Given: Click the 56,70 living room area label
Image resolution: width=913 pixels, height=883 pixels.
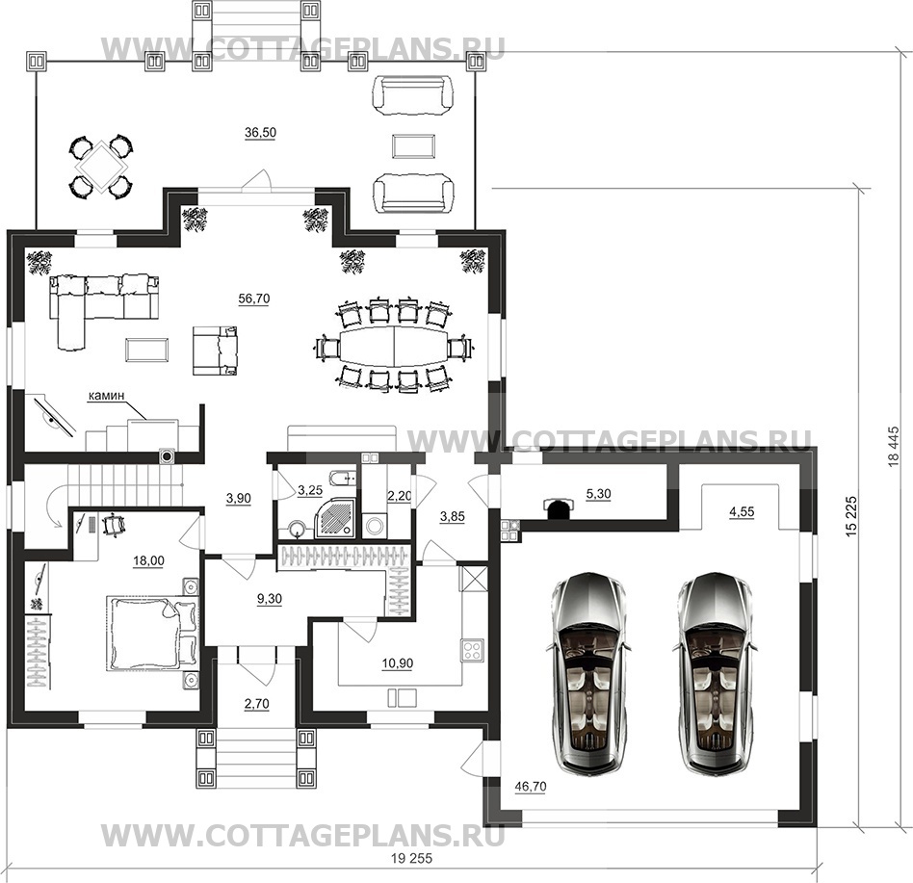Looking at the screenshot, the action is tap(254, 299).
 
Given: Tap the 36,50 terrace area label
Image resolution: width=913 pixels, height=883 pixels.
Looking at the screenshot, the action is tap(260, 133).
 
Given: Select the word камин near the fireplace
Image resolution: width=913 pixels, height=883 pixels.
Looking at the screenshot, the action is tap(106, 396).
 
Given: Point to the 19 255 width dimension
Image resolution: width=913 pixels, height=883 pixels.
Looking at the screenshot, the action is tap(411, 858).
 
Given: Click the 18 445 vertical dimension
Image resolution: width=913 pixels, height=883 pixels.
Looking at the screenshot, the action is tap(895, 447).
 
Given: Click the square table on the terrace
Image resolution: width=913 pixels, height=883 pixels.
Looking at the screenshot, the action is tap(101, 164).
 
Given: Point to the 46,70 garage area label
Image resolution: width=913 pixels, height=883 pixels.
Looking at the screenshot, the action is tap(531, 787).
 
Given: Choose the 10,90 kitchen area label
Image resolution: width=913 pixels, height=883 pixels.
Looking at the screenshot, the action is tap(398, 663).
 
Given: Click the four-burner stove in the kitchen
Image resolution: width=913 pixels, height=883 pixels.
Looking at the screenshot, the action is tap(472, 650).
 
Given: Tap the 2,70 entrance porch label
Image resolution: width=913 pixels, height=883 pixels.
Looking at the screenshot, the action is tap(257, 704).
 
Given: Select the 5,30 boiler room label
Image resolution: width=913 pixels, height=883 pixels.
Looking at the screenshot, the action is tap(599, 494).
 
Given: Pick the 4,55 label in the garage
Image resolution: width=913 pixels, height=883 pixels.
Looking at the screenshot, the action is tap(742, 511).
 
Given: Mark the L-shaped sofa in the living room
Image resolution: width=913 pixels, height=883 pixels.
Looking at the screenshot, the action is tap(102, 308).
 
